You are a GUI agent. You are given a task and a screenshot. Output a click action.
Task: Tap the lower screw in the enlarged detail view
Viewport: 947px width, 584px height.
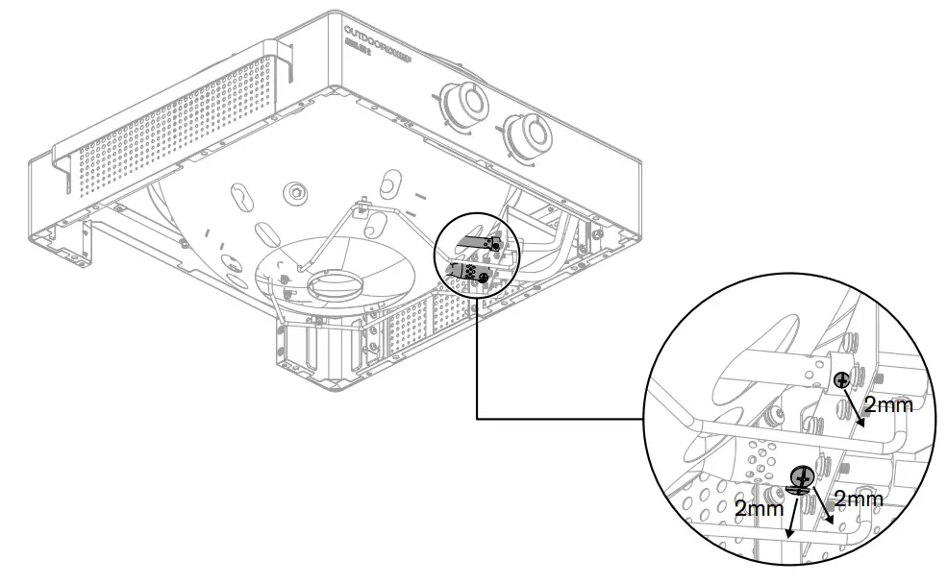point(803,475)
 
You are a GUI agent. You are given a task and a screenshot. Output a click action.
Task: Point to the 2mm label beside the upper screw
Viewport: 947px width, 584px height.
point(887,404)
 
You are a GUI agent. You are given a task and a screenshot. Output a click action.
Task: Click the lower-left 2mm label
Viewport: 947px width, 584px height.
point(759,509)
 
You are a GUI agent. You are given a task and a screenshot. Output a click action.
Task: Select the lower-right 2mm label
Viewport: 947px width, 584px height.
point(857,499)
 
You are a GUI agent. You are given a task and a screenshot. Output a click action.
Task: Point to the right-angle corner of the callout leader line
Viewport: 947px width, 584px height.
point(478,419)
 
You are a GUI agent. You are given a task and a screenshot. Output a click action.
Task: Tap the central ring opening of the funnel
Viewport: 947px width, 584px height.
point(331,286)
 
